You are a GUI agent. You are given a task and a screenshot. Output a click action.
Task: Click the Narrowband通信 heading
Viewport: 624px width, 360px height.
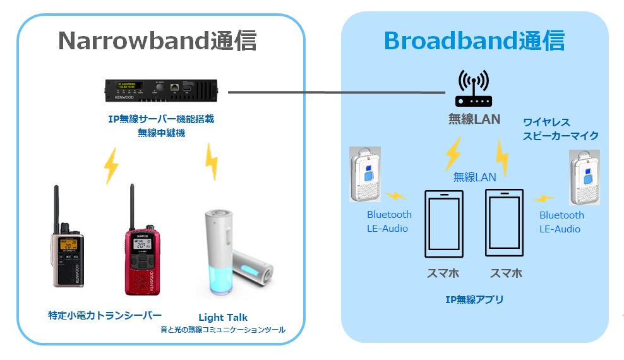point(157,41)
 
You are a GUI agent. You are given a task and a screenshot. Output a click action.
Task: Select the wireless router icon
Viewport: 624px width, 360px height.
point(473,90)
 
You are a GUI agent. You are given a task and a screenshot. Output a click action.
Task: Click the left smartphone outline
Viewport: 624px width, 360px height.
point(443,224)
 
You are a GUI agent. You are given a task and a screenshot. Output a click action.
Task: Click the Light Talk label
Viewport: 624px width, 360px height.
point(223,317)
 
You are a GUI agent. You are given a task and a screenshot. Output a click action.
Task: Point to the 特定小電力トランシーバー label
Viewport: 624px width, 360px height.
point(105,315)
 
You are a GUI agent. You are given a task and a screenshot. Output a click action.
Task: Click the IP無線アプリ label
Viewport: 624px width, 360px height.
point(474,299)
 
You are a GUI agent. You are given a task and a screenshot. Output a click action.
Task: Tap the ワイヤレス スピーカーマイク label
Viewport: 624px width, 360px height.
point(560,129)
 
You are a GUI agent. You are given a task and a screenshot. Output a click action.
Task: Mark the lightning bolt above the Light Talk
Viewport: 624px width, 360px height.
point(211,162)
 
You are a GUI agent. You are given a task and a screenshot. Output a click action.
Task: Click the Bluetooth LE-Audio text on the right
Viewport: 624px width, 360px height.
point(561,222)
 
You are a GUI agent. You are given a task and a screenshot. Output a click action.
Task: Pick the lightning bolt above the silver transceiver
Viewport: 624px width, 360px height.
point(111,165)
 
